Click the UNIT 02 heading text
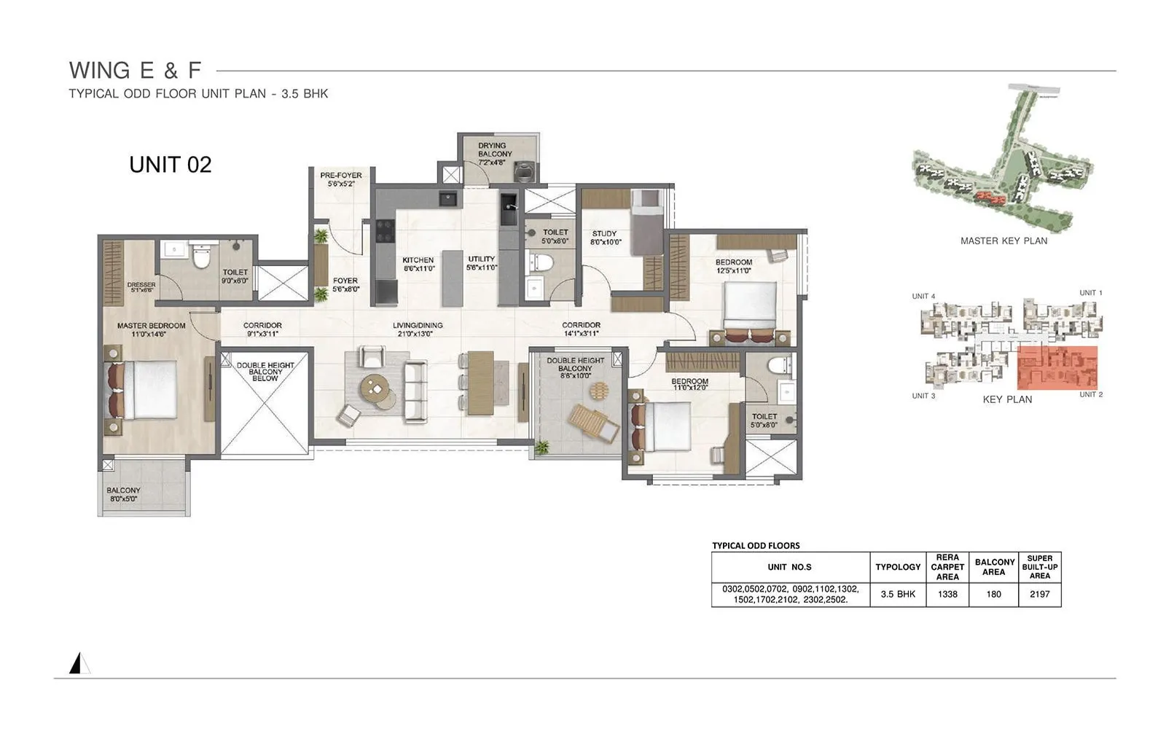click(170, 165)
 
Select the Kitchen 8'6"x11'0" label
click(418, 264)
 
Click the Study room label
click(604, 237)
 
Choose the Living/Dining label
click(418, 329)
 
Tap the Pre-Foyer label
click(340, 179)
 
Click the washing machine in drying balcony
click(525, 172)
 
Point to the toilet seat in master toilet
click(201, 256)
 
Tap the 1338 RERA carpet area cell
click(947, 594)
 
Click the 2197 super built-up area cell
click(1039, 594)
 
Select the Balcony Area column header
click(994, 567)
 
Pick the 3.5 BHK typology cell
click(898, 594)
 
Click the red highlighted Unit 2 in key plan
click(1057, 368)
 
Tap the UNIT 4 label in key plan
click(923, 297)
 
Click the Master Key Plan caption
click(1003, 241)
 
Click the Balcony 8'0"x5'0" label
click(123, 495)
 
